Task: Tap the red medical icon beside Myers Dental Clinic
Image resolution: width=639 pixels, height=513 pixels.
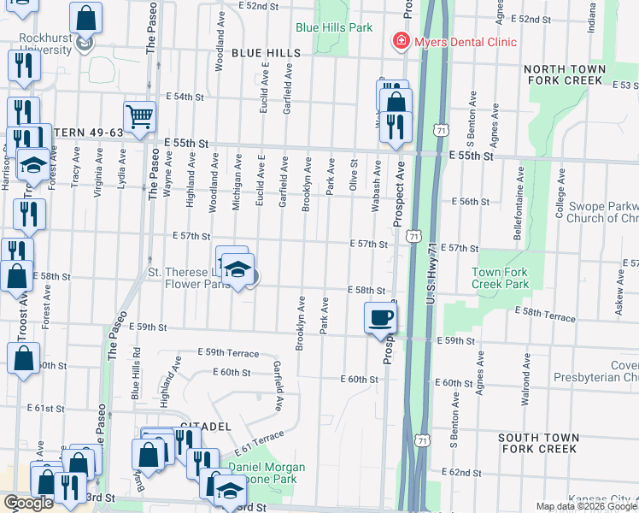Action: coord(398,41)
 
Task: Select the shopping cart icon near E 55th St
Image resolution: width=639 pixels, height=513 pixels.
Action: coord(138,115)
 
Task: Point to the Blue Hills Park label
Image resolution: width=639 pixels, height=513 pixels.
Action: coord(334,27)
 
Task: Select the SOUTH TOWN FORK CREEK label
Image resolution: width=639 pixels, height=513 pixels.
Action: coord(538,443)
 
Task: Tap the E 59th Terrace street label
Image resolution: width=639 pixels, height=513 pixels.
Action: coord(228,352)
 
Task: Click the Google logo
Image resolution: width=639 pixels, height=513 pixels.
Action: coord(28,504)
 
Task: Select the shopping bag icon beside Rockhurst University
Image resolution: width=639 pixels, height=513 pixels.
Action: coord(86,17)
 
